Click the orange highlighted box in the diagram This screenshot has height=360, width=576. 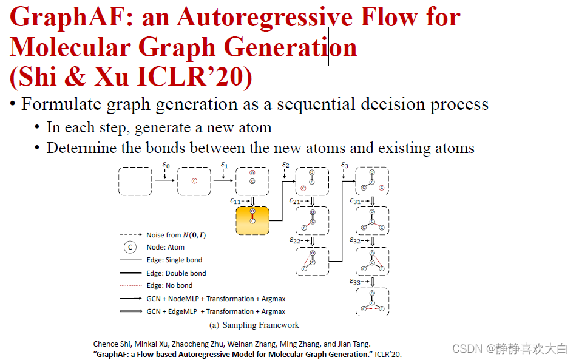(x=251, y=220)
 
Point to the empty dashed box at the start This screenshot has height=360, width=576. (x=135, y=180)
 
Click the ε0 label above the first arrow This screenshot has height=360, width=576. (x=166, y=165)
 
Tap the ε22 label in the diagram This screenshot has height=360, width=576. (x=296, y=240)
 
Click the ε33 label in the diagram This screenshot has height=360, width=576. (x=356, y=281)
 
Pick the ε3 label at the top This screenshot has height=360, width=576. (x=344, y=165)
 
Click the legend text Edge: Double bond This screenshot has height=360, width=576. (x=176, y=273)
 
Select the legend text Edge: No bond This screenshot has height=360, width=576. (x=170, y=285)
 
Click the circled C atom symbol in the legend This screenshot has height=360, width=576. (x=130, y=247)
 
